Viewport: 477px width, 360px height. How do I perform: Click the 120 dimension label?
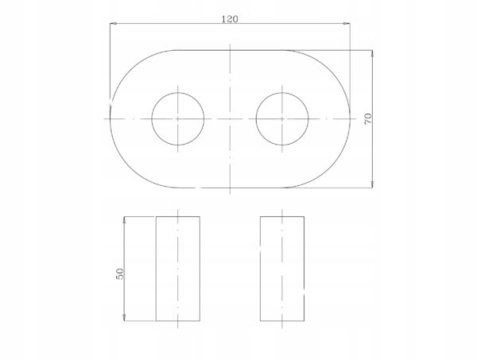(x=230, y=19)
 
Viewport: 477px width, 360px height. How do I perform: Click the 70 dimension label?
(x=368, y=118)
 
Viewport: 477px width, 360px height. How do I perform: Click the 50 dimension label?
(x=120, y=273)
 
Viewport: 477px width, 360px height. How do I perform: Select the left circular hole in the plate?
(x=152, y=119)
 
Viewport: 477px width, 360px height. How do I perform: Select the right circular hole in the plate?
(x=256, y=119)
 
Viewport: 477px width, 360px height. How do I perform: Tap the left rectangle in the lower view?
(x=156, y=269)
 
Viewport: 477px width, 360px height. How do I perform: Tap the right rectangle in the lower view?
(x=261, y=269)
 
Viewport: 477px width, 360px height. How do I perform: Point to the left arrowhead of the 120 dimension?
(x=113, y=23)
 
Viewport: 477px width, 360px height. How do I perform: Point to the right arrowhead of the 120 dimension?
(x=347, y=23)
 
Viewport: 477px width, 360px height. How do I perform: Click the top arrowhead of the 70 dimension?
(x=372, y=53)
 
